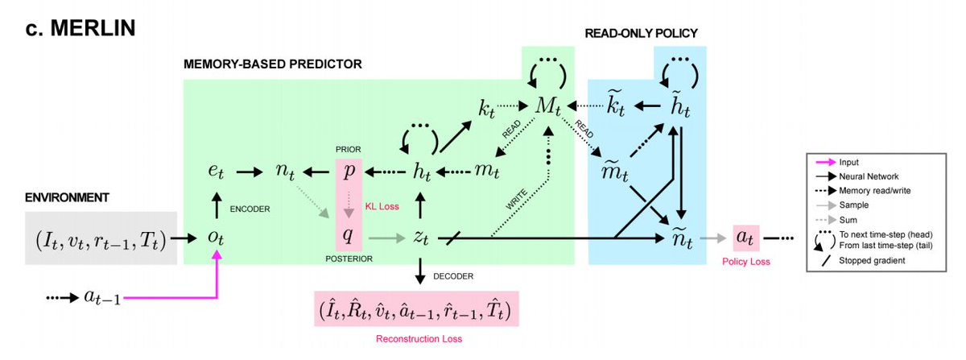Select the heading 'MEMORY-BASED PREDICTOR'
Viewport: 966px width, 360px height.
(273, 63)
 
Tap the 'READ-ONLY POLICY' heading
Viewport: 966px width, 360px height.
(641, 33)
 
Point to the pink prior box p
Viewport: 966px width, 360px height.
(349, 172)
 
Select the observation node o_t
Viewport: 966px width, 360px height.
(215, 239)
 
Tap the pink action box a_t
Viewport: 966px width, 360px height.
(745, 239)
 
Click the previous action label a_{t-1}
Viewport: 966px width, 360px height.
(101, 297)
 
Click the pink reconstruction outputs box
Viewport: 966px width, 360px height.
(418, 308)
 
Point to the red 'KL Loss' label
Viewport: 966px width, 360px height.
(382, 206)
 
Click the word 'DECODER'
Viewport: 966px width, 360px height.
(453, 276)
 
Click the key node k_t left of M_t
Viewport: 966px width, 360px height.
(487, 108)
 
